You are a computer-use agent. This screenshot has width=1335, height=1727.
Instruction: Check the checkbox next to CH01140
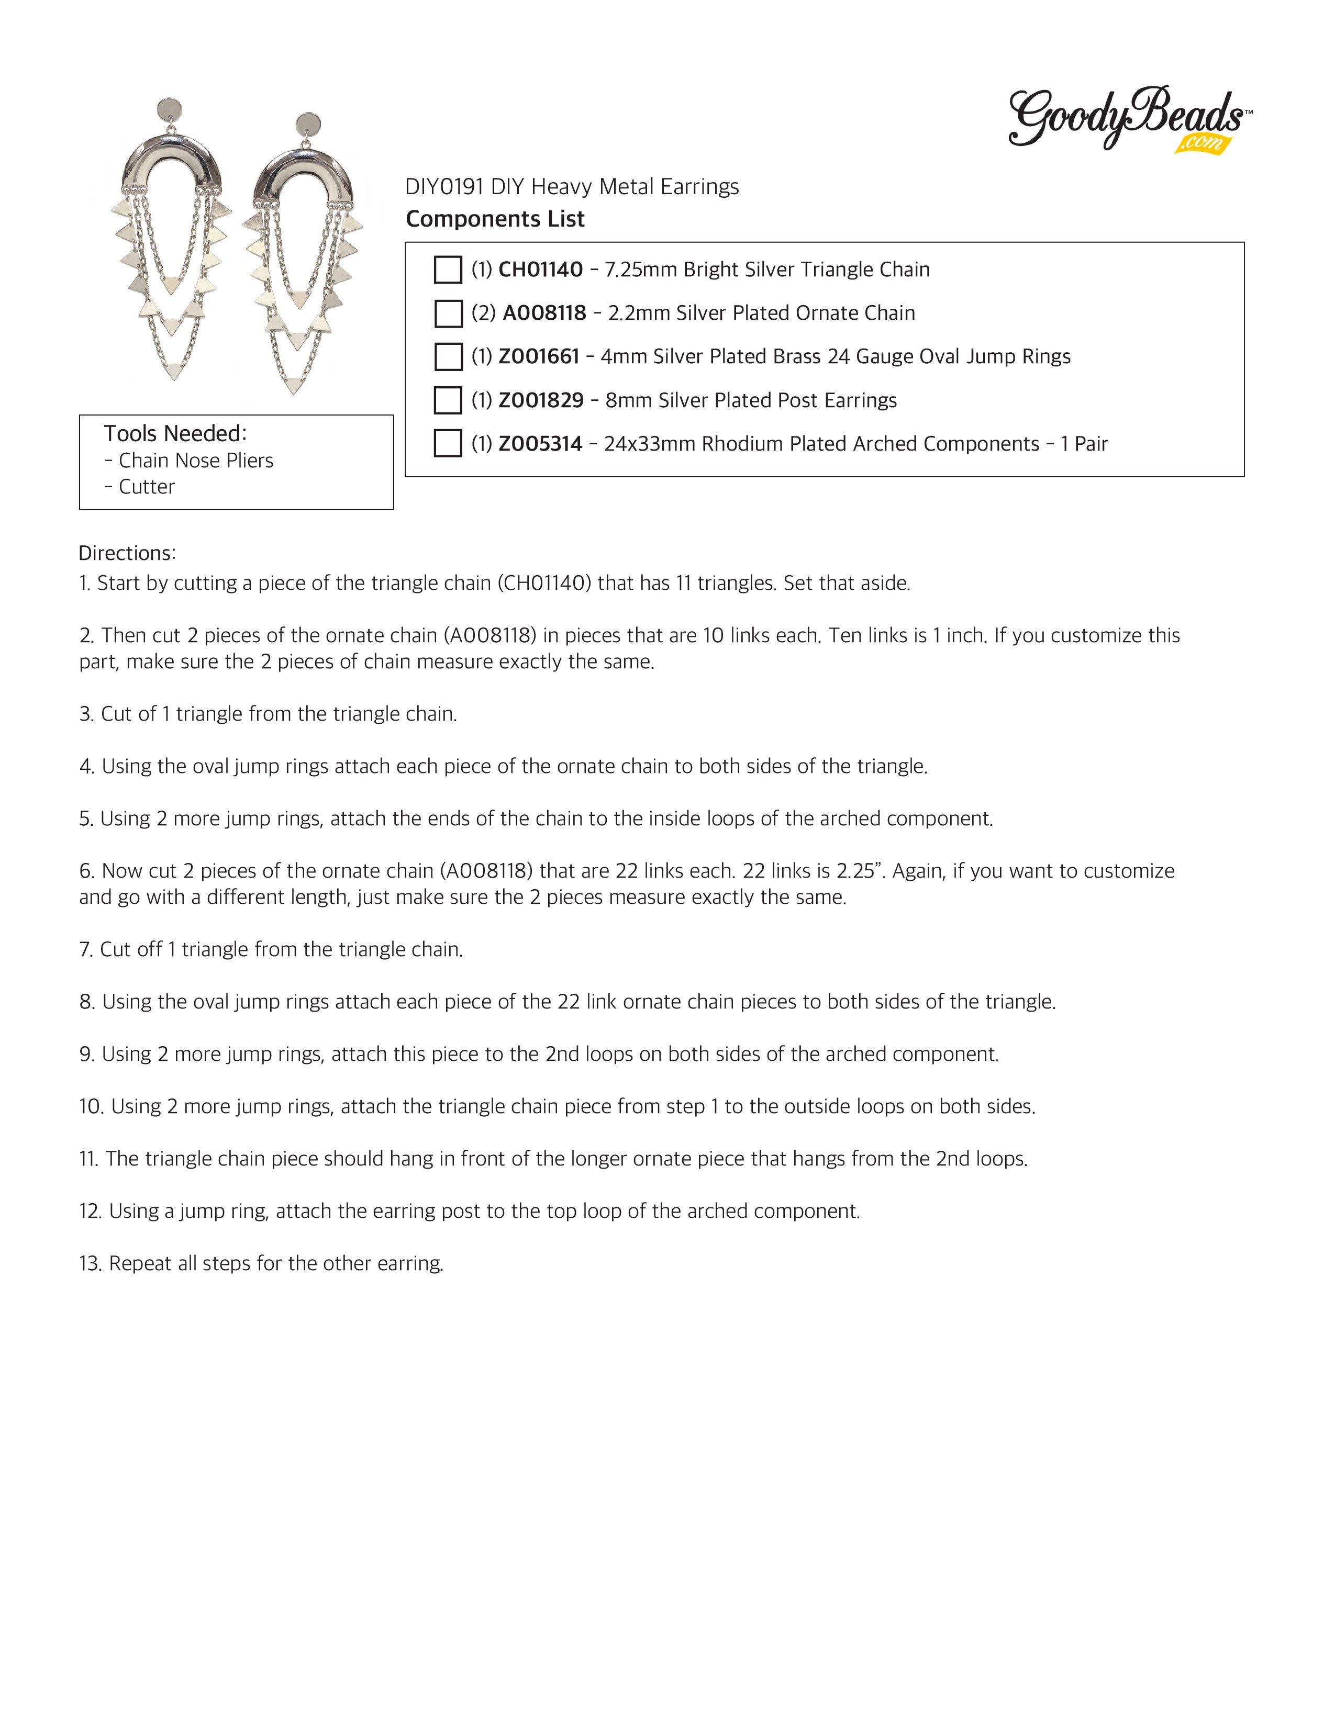(448, 270)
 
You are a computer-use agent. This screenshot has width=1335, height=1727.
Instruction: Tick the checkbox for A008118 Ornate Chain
(448, 313)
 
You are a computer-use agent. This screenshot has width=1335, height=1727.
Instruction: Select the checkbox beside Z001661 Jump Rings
(448, 356)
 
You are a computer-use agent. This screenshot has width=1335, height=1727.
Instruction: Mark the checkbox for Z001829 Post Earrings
(448, 400)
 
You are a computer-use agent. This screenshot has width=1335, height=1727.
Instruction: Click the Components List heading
(495, 219)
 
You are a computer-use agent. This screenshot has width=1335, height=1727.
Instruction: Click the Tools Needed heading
(175, 433)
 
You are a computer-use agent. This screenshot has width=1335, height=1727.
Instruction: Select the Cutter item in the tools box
(146, 486)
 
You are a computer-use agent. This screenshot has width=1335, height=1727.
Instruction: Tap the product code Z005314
(540, 444)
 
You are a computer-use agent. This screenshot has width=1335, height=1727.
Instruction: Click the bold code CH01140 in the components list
(540, 270)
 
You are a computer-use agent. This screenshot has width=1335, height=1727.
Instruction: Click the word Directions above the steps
(127, 553)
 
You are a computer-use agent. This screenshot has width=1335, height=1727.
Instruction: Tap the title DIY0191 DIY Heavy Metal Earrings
(572, 187)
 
